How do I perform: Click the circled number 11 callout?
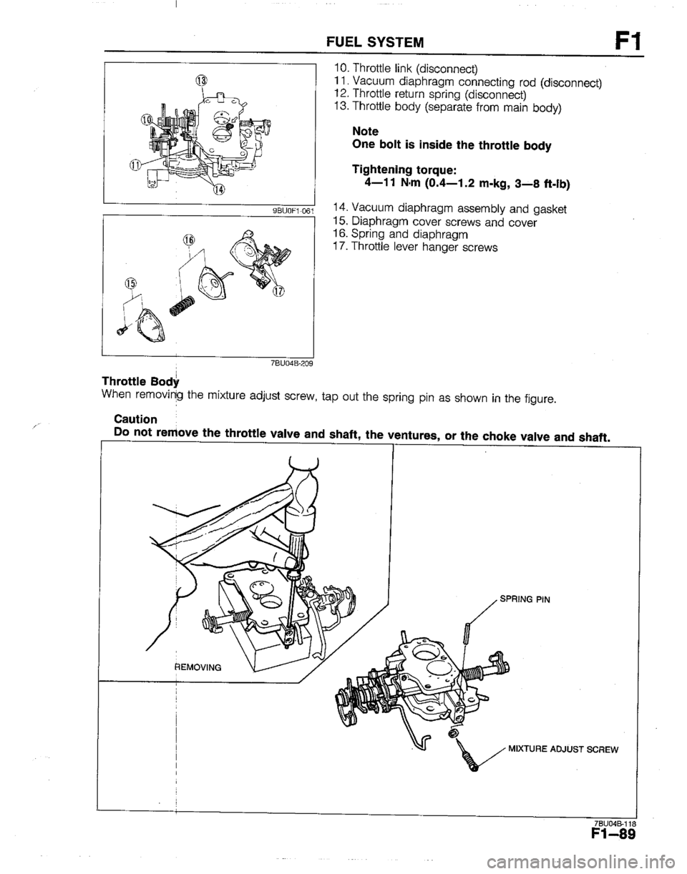click(135, 167)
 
